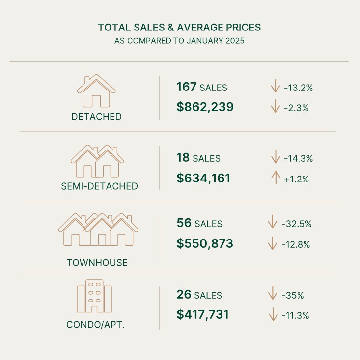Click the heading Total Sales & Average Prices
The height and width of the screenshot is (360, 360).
point(179,27)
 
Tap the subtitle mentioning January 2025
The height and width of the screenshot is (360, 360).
point(179,41)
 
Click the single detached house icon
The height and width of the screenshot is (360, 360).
point(96,91)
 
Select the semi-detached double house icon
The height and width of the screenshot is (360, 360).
point(97,161)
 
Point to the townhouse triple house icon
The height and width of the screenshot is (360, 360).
point(98,230)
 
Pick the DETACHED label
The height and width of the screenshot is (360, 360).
point(96,117)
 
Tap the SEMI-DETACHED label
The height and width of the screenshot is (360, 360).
point(99,186)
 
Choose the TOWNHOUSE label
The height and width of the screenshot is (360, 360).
point(97,263)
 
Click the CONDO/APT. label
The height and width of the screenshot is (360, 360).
point(95,325)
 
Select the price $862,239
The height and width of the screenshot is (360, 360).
point(205,107)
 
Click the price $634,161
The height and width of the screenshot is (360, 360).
point(203,178)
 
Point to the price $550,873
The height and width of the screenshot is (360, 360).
point(205,243)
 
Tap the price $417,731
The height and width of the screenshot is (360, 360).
point(202,314)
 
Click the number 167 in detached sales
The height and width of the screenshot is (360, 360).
point(186,88)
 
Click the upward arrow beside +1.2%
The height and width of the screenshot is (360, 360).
point(275,178)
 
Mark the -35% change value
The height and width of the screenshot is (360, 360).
point(293,296)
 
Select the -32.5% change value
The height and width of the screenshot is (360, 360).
point(297,224)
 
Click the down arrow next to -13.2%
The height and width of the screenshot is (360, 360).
point(275,88)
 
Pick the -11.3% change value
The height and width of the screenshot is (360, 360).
point(296,315)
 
